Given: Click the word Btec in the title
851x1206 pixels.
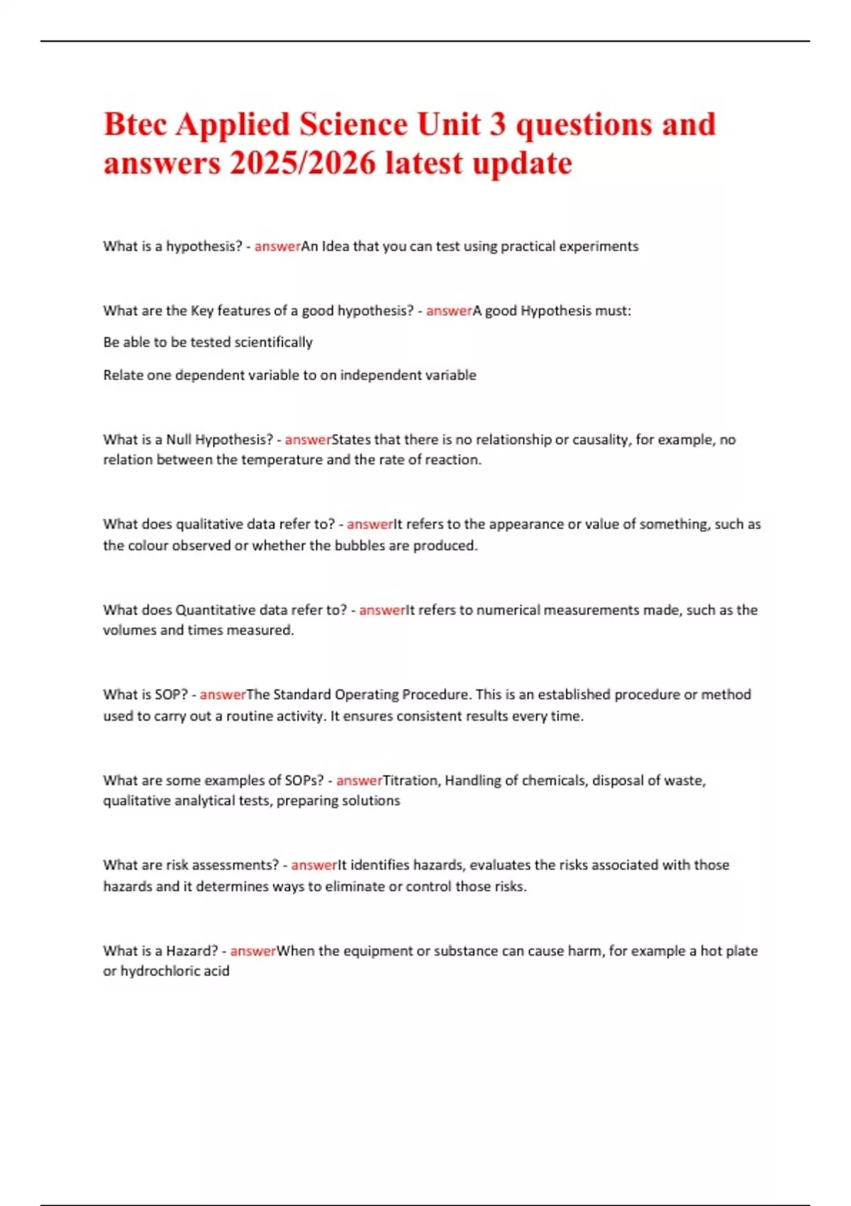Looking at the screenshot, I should [135, 125].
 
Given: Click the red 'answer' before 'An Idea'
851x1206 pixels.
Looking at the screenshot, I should [277, 246].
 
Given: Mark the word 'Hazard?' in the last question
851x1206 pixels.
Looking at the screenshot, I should [192, 951].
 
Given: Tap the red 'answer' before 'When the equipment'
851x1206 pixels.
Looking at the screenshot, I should [253, 951].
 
